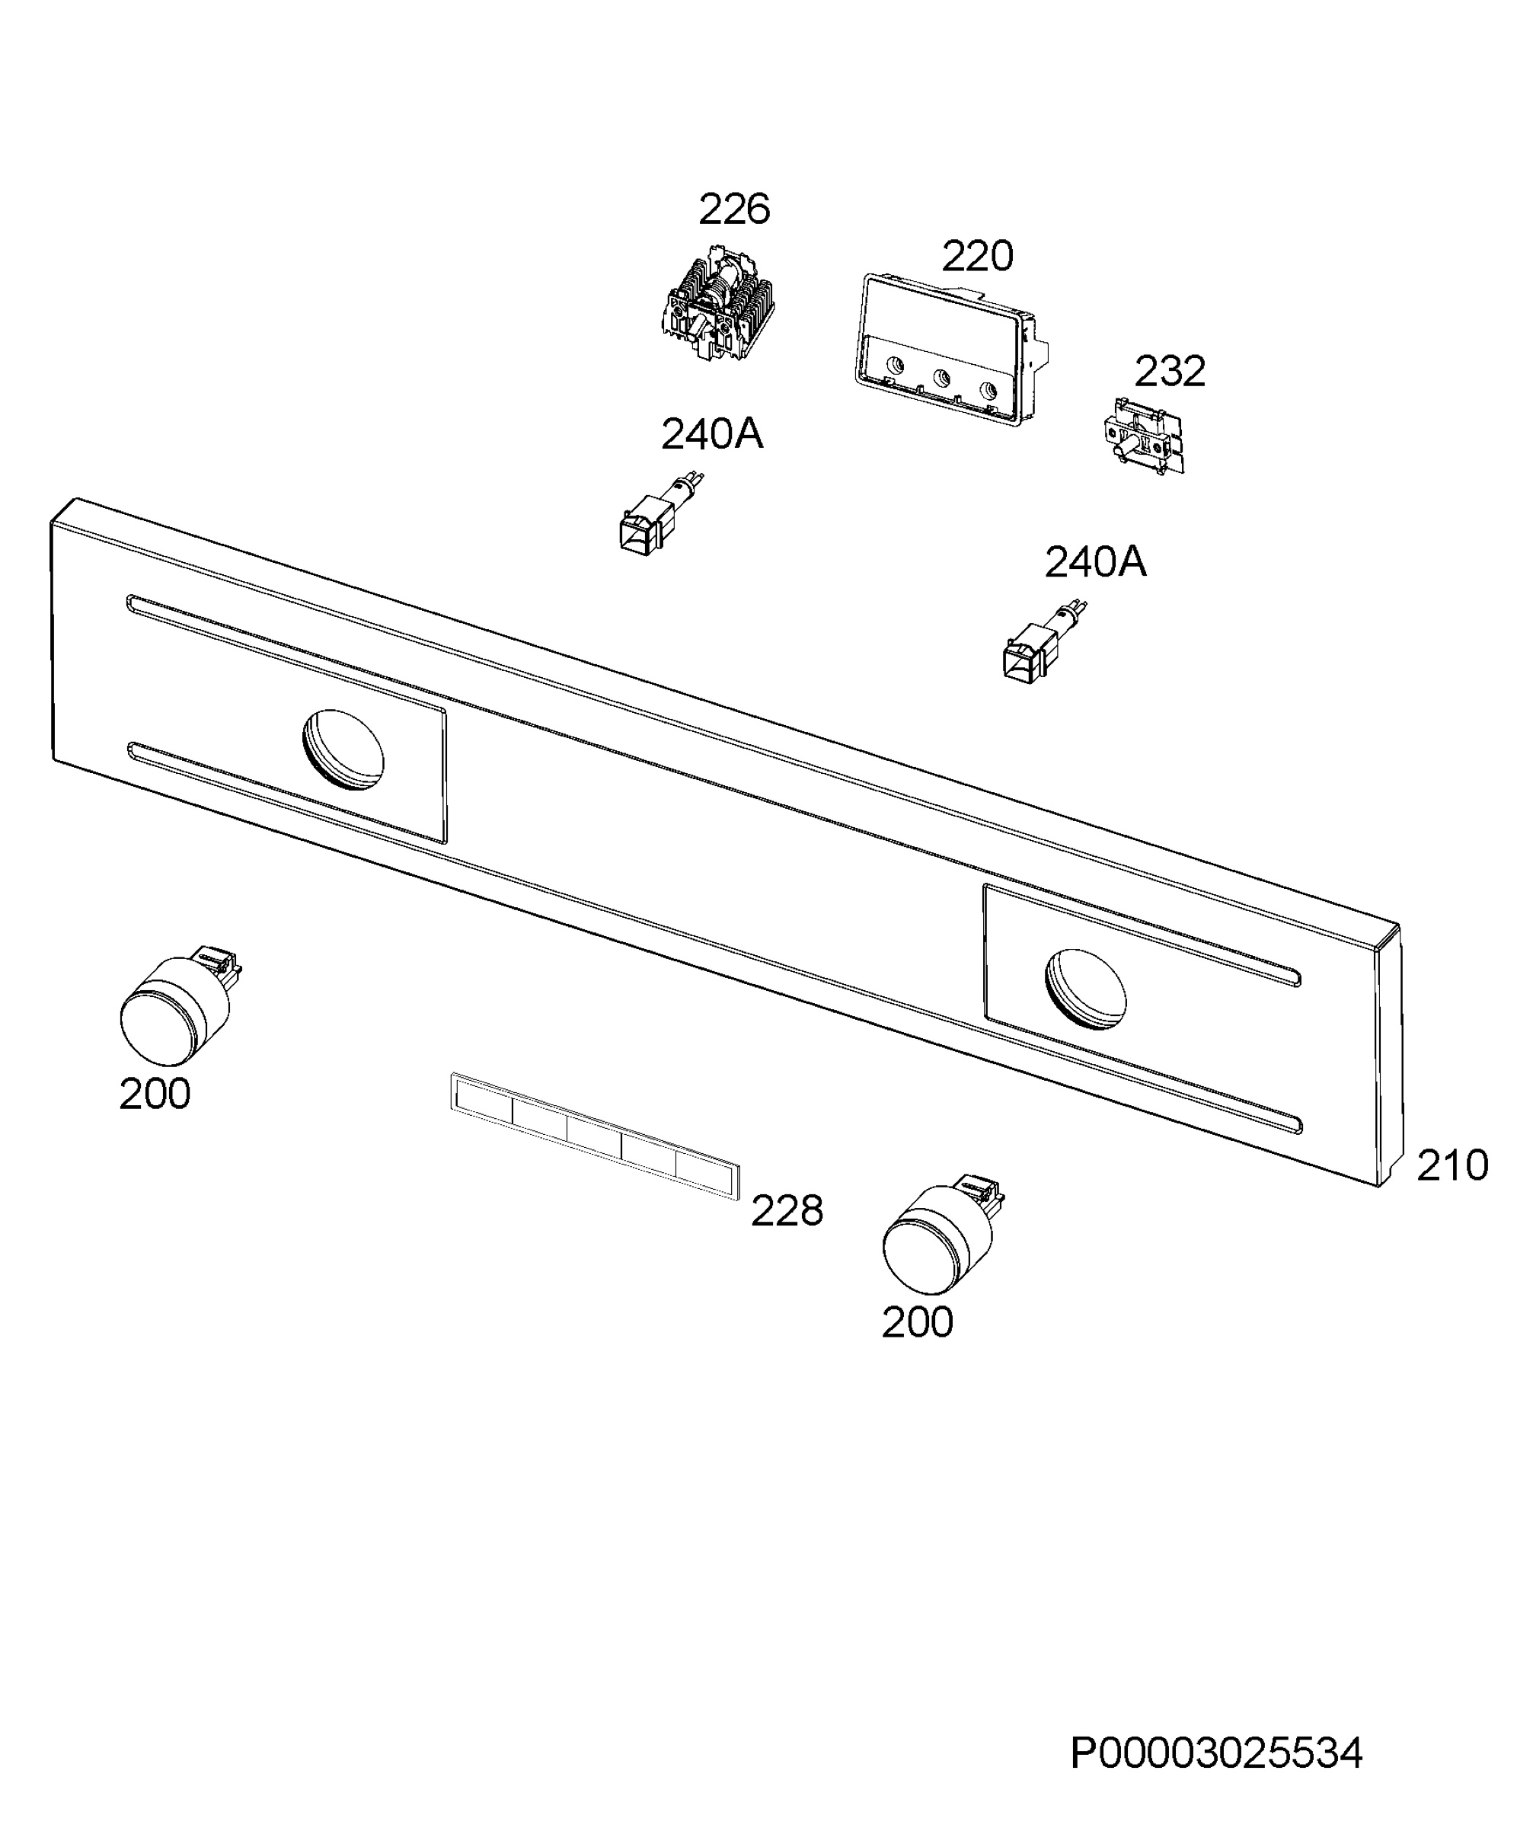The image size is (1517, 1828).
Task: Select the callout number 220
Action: click(977, 256)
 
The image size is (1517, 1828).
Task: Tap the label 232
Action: click(1169, 372)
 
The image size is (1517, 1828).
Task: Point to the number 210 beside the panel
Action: click(1452, 1165)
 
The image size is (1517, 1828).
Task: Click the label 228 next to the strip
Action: click(787, 1211)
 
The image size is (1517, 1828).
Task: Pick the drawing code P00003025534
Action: click(1216, 1754)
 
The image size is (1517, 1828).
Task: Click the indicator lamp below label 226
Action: click(658, 516)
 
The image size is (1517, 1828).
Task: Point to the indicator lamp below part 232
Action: click(1043, 641)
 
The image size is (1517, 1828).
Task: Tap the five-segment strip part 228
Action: click(596, 1136)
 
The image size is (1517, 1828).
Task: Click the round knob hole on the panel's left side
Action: click(343, 749)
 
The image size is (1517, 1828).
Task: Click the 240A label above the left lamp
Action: click(712, 434)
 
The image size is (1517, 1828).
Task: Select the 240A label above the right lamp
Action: click(1095, 562)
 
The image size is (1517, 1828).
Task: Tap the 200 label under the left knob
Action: click(155, 1095)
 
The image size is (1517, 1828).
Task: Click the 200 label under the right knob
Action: click(918, 1323)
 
